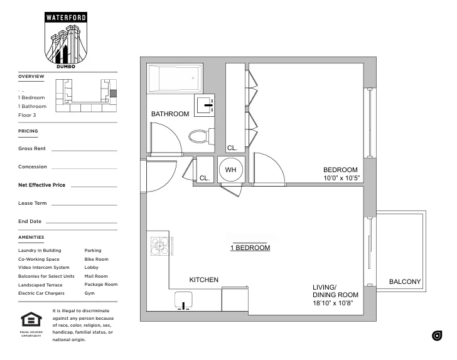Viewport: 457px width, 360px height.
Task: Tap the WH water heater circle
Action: pos(230,170)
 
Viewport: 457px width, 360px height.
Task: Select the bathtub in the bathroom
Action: pos(175,79)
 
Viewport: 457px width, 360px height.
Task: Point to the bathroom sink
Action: pos(205,105)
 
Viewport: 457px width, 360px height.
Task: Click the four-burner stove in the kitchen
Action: pos(159,245)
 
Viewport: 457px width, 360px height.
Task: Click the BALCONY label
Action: pos(405,281)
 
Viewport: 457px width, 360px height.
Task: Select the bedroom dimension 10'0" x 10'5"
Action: pos(340,178)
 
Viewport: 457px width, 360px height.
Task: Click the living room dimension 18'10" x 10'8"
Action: pos(333,303)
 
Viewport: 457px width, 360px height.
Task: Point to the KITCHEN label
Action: pos(204,280)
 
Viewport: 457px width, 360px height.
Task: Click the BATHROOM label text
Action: pos(170,114)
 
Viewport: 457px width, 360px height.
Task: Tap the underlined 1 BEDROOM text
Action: pos(250,248)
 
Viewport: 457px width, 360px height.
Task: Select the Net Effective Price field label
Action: pos(42,185)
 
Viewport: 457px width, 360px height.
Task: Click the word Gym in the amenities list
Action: pos(89,293)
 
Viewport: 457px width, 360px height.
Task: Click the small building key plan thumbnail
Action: pos(87,95)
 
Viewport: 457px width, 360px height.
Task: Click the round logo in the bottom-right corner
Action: pos(437,336)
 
